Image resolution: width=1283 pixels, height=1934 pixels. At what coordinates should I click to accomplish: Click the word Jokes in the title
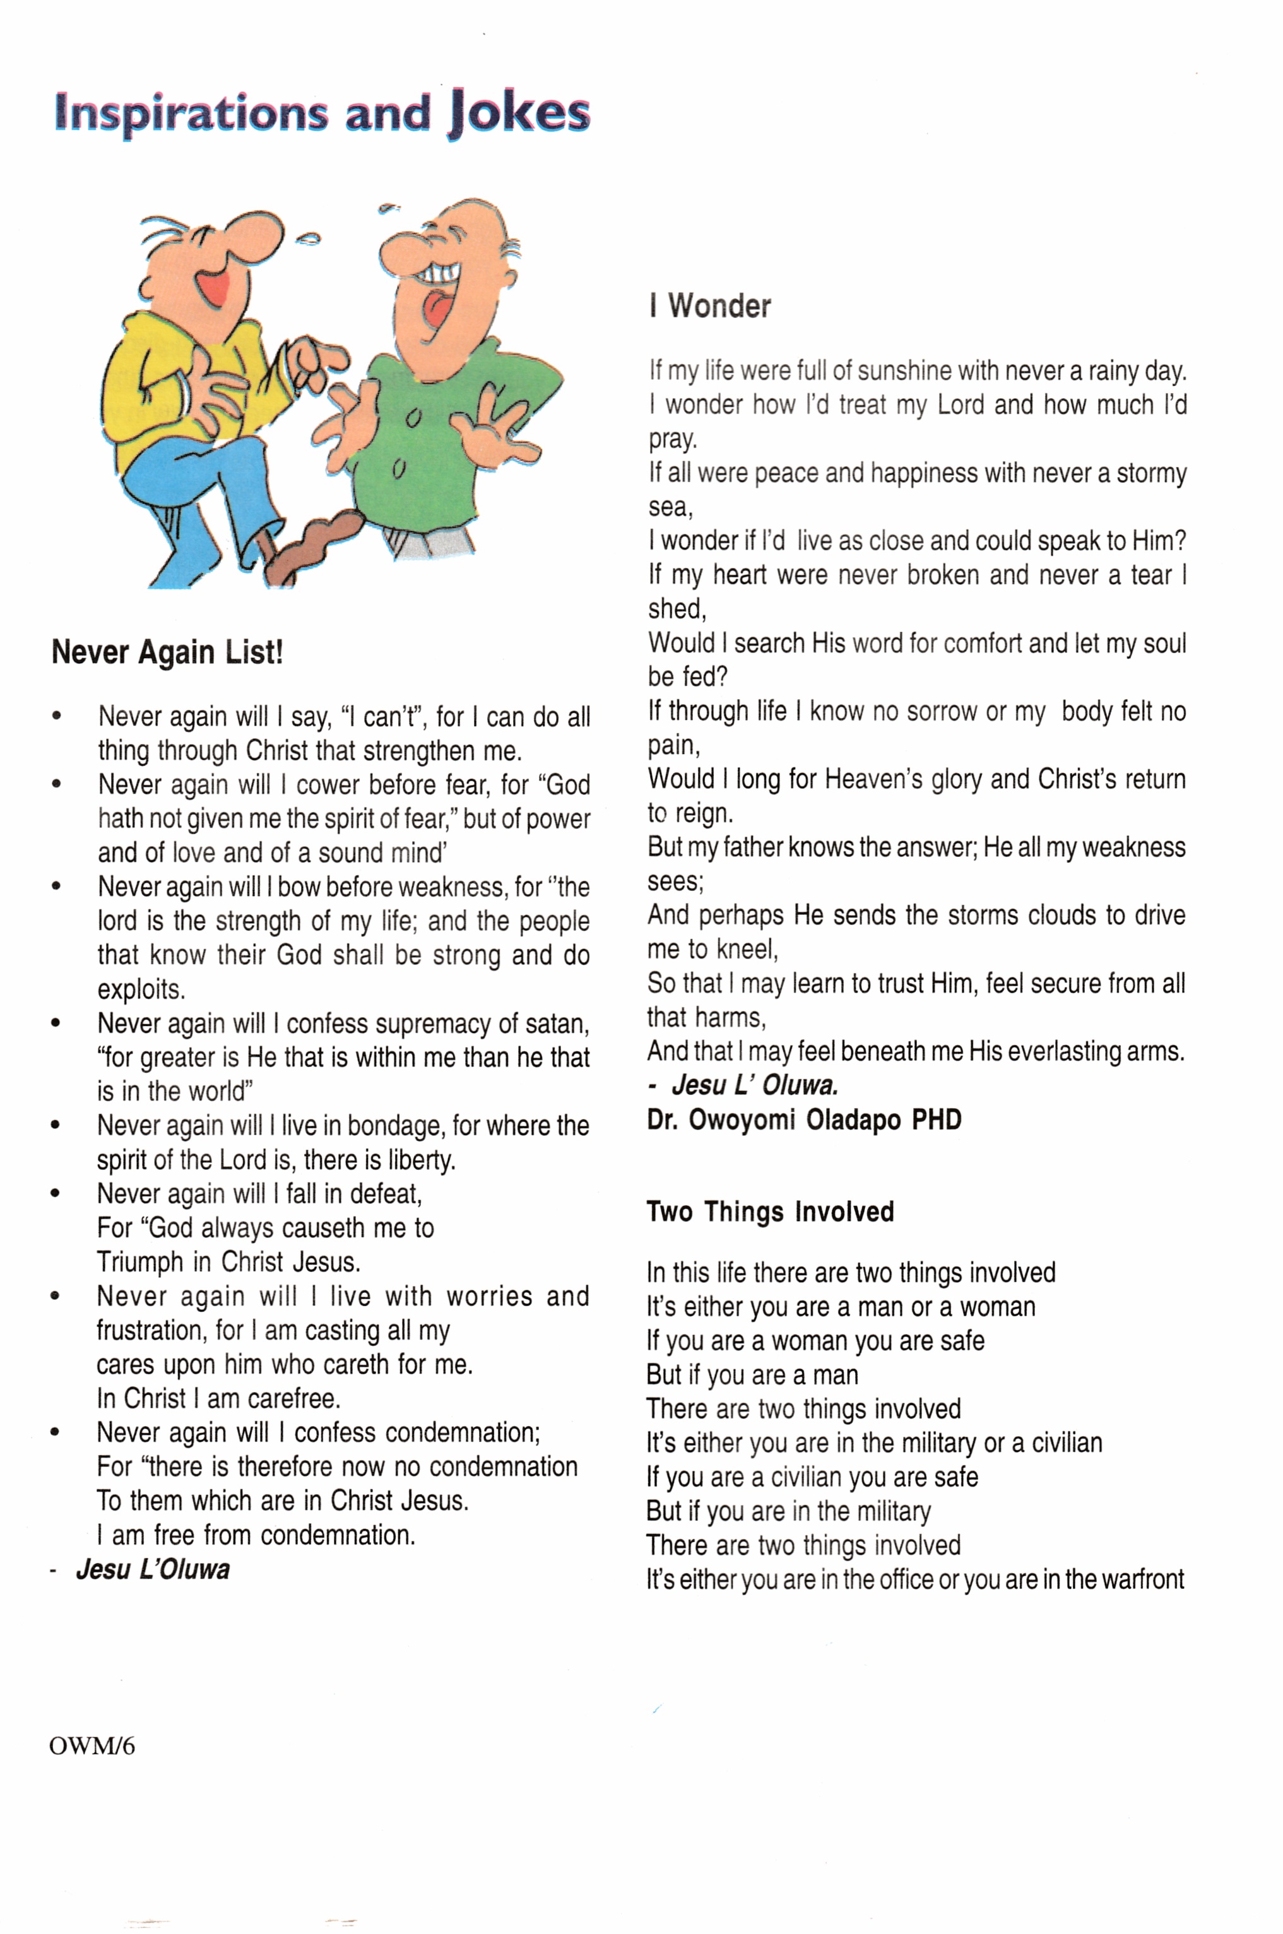point(519,114)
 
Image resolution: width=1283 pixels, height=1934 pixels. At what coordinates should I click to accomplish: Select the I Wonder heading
point(709,307)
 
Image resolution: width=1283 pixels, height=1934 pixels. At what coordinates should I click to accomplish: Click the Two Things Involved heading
point(770,1212)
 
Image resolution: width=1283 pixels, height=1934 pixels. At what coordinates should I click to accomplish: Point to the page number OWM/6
point(92,1747)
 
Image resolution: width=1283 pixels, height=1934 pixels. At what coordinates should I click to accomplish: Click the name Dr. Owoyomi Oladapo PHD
point(803,1120)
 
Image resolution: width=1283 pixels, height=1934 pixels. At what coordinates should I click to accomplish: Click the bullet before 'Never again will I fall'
point(56,1194)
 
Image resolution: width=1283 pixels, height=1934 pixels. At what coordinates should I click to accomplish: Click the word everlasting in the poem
point(1065,1051)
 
